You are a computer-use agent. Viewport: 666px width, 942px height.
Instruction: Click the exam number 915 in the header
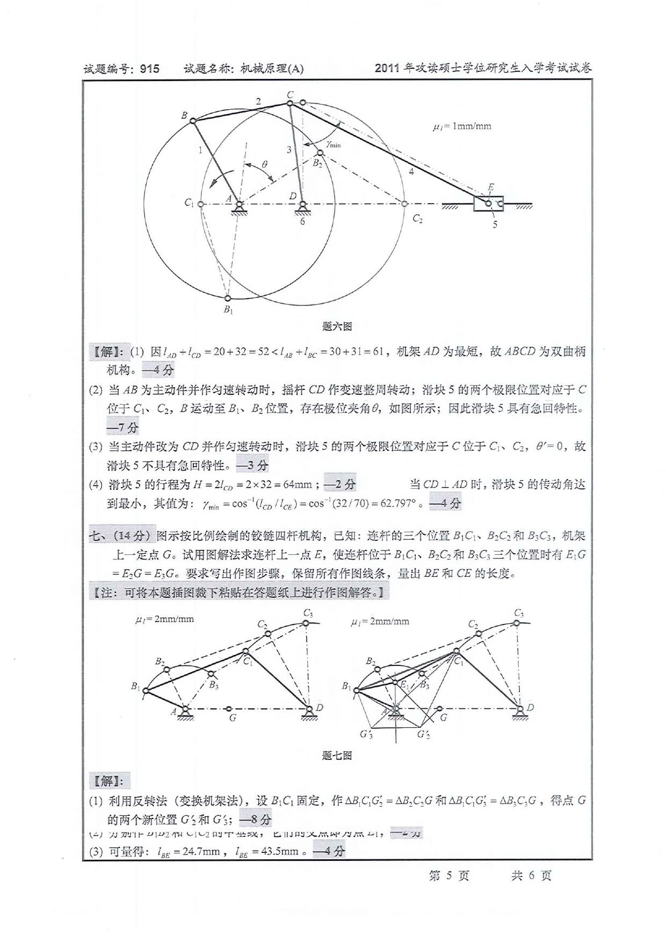tap(149, 69)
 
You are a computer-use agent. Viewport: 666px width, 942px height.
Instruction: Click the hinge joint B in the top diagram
tap(192, 121)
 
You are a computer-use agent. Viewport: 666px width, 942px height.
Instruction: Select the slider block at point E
tap(488, 204)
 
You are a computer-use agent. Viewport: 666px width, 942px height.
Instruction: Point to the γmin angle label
tap(333, 143)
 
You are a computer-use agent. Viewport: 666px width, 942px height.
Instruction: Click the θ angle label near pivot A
tap(265, 164)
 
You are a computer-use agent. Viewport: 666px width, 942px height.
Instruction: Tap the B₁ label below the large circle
tap(228, 309)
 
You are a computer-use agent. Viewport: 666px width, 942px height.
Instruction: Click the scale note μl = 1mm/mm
tap(462, 127)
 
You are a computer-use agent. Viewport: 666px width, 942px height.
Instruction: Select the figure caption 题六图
tap(337, 326)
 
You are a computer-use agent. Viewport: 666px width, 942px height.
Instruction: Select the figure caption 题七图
tap(337, 756)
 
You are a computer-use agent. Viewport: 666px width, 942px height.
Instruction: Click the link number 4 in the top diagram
tap(412, 172)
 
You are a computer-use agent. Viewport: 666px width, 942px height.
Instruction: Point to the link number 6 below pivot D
tap(302, 221)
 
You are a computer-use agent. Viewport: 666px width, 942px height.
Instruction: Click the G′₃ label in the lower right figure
tap(366, 734)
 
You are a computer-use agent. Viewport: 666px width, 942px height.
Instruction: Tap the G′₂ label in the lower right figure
tap(424, 734)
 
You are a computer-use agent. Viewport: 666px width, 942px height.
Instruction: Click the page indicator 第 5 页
tap(449, 875)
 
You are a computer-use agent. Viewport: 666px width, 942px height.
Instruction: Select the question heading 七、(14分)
tap(121, 535)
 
